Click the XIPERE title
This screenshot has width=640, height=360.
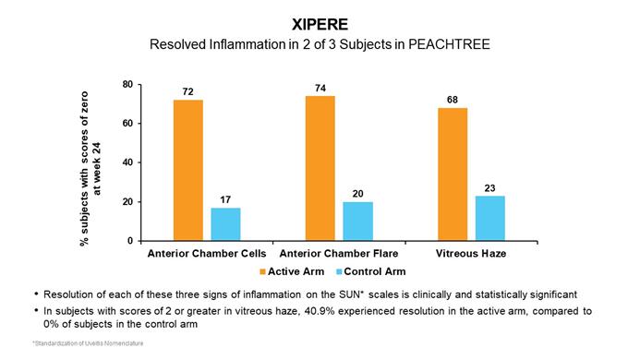[320, 25]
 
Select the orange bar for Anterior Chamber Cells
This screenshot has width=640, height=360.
[188, 170]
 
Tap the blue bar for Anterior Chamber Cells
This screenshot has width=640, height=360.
[225, 224]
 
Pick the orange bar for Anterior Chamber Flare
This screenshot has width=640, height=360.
[320, 169]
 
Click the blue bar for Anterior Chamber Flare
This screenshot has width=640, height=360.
[358, 222]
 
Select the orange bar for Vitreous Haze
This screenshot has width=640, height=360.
[453, 174]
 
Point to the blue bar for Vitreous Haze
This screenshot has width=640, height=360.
[490, 219]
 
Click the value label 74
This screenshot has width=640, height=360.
[320, 89]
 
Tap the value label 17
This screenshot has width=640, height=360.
[225, 199]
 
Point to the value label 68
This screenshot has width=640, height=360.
[453, 100]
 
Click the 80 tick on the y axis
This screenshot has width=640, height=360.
[127, 85]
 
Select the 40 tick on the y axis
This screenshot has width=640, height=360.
[127, 162]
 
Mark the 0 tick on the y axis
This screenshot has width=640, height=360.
[130, 241]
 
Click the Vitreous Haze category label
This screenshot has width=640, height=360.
[471, 254]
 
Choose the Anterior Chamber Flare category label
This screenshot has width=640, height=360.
[339, 254]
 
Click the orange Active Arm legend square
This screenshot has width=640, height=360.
[263, 271]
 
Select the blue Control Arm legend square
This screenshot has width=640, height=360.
[339, 271]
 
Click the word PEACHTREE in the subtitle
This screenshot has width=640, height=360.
[449, 44]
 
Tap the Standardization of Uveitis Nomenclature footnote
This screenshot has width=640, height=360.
[88, 343]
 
